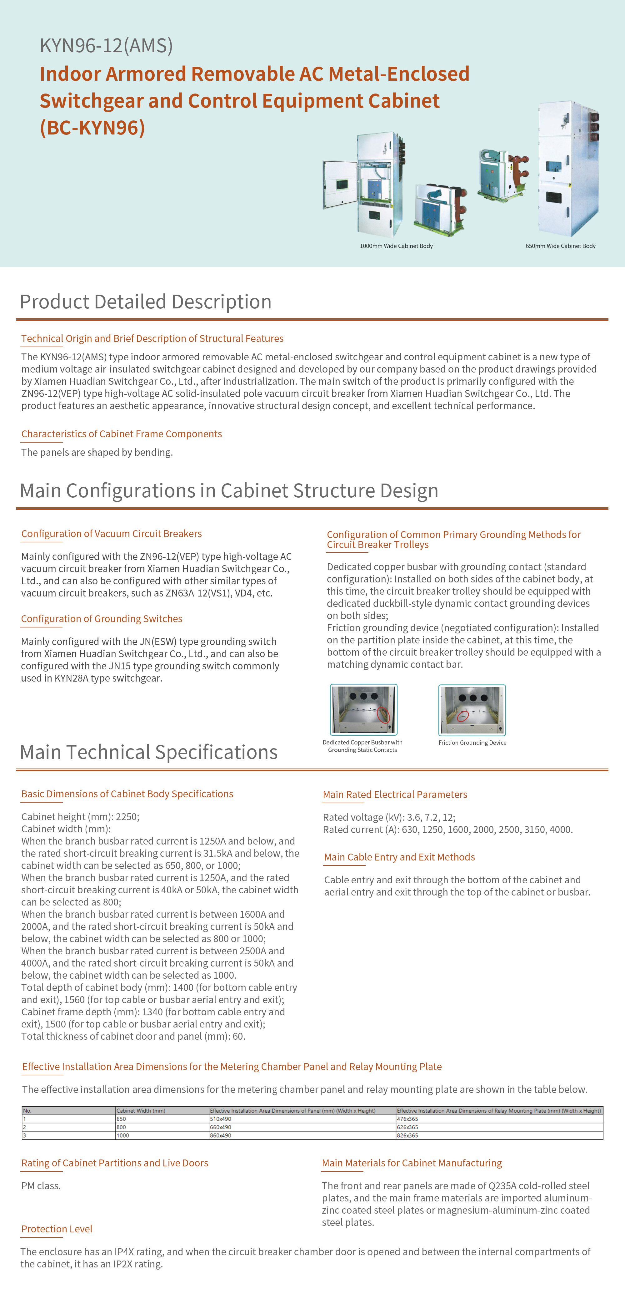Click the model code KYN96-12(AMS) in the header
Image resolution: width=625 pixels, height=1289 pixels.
106,46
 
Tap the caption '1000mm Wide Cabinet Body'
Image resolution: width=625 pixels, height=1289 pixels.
396,246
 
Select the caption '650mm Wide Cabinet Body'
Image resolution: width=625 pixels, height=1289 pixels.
560,246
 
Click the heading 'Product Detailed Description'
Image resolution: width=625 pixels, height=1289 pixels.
146,302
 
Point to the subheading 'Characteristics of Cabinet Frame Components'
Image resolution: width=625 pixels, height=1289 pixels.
122,434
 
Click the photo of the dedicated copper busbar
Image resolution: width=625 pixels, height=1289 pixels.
363,709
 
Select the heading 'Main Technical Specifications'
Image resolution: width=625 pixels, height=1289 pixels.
148,752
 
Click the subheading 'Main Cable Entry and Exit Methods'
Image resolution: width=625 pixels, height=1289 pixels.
399,857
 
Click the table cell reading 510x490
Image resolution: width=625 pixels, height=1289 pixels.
221,1119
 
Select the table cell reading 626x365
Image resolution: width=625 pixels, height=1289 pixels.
407,1127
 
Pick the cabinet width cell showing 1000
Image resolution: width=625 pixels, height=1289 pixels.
123,1135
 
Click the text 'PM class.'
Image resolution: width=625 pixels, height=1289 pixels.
41,1185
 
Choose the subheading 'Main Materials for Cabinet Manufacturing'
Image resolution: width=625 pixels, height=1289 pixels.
412,1163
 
